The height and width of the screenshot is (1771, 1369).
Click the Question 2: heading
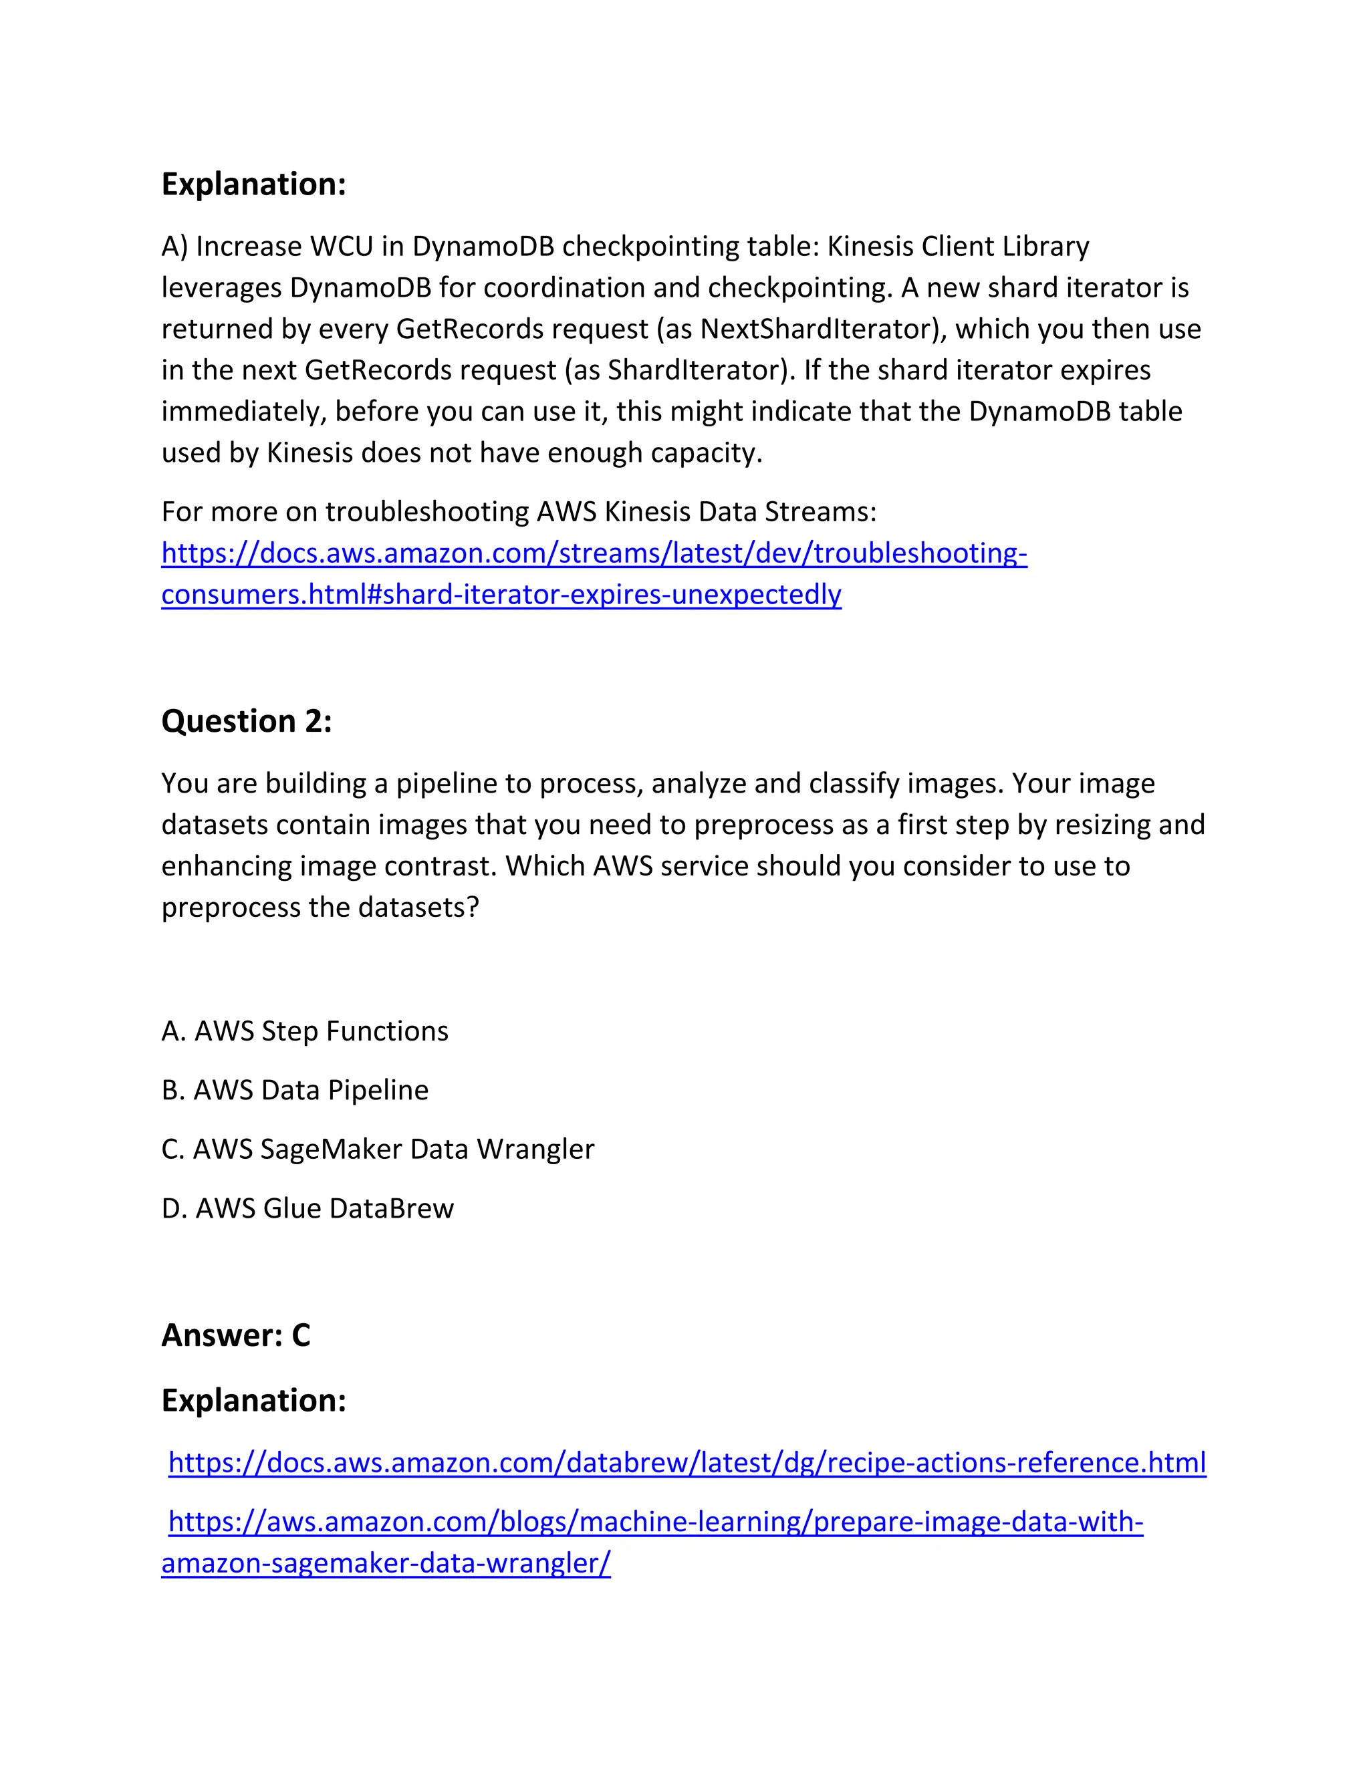tap(247, 721)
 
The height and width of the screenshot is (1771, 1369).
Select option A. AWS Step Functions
tap(305, 1031)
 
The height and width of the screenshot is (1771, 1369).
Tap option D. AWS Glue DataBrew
tap(307, 1208)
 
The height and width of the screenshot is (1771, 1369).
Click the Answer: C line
tap(236, 1335)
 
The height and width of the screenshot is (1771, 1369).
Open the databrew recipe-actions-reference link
tap(687, 1462)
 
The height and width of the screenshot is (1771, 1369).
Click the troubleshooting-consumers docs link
tap(594, 553)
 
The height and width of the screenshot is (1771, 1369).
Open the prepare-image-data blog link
tap(655, 1521)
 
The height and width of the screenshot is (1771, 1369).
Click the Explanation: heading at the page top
tap(254, 184)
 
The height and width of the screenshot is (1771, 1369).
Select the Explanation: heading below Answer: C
tap(254, 1400)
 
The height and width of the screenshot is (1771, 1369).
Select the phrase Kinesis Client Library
tap(958, 246)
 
